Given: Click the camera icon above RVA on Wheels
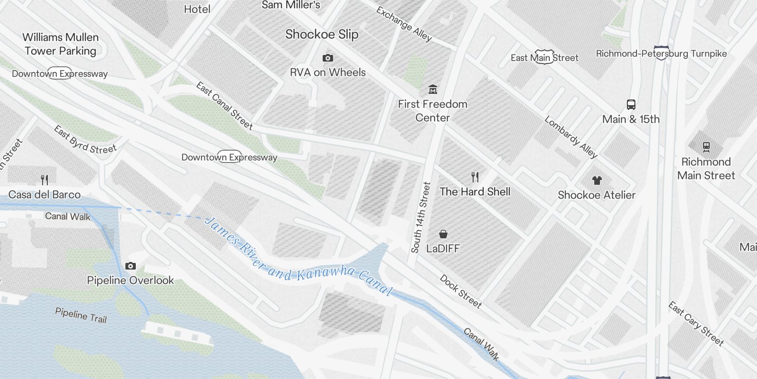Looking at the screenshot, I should click(327, 58).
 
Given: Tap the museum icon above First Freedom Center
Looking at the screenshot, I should click(432, 90).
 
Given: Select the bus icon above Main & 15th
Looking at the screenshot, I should click(631, 105).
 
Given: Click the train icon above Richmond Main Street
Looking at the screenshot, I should click(706, 147).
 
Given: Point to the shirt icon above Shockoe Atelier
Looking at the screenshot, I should click(597, 180).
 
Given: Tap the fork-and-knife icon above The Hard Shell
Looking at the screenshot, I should click(475, 177).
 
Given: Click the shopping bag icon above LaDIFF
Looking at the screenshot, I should click(443, 234).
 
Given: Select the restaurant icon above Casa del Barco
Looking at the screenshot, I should click(44, 180).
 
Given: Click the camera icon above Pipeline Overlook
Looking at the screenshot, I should click(131, 266).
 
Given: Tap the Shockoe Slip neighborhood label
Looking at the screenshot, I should click(322, 34).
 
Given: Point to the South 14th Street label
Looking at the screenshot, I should click(421, 217).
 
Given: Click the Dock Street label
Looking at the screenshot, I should click(460, 291).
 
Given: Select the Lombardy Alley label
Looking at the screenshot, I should click(571, 137).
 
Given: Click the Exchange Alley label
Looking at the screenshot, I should click(404, 24).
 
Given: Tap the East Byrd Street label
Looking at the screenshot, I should click(85, 140).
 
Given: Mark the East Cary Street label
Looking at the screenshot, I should click(695, 324).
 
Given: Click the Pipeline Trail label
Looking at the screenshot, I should click(81, 315).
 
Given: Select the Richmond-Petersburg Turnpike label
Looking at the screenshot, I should click(661, 54).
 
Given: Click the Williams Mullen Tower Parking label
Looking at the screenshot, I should click(61, 44).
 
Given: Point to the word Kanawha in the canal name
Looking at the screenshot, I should click(326, 272).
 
